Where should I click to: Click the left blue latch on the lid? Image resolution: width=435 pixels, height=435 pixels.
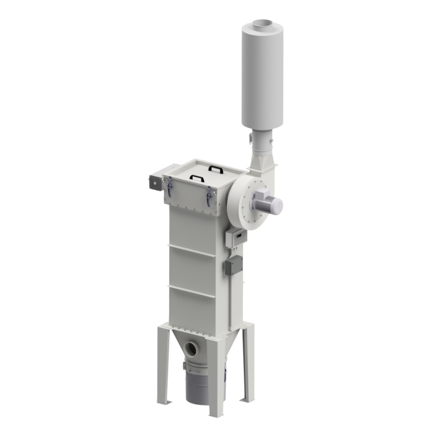pyautogui.click(x=170, y=188)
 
